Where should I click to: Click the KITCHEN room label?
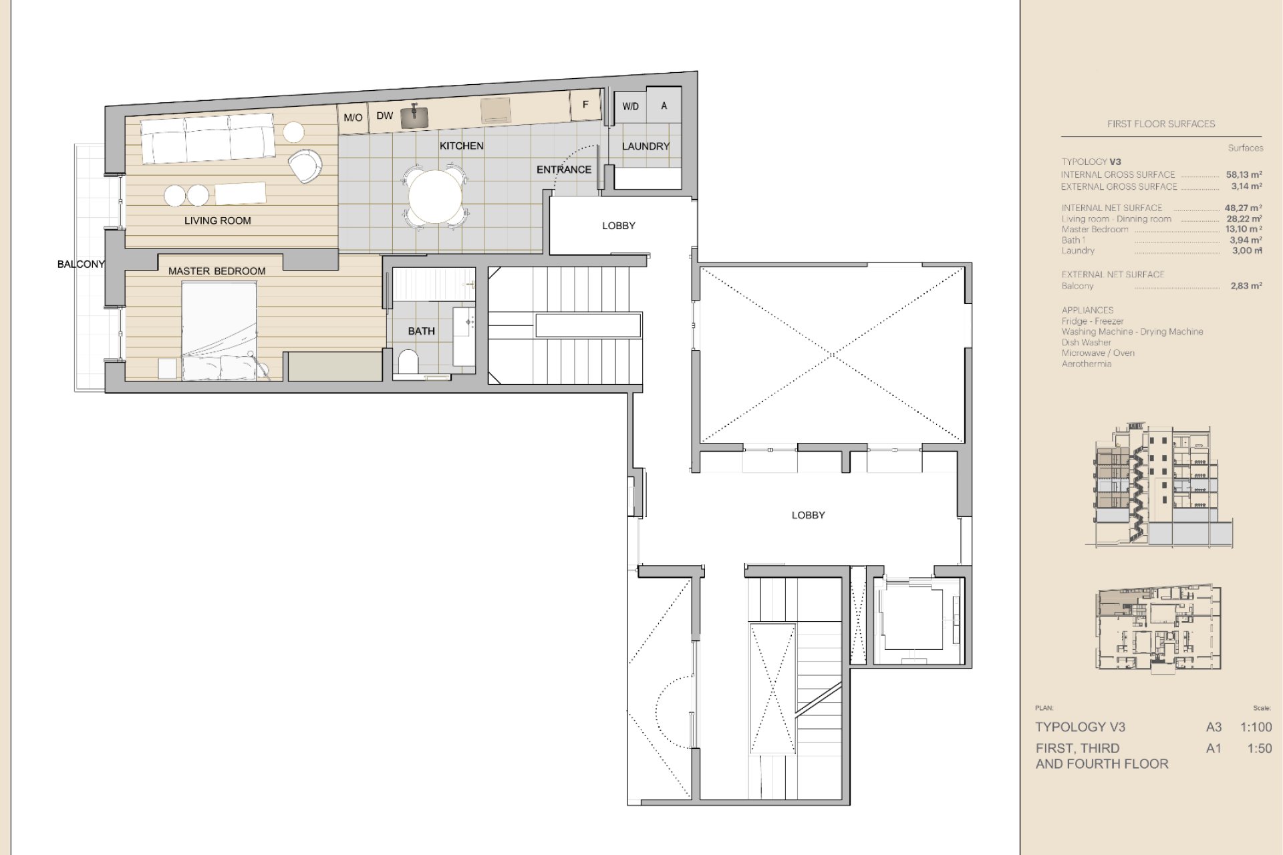coord(461,146)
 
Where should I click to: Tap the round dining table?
coord(435,197)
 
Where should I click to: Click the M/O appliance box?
coord(353,118)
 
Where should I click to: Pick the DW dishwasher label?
coord(384,116)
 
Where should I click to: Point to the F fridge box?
coord(585,106)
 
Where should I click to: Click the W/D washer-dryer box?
coord(630,106)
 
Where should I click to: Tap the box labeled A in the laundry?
coord(664,106)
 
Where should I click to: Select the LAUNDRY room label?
coord(646,146)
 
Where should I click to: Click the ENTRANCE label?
coord(564,170)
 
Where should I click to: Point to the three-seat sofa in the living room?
coord(207,138)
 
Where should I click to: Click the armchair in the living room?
coord(305,165)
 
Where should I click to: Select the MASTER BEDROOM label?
coord(217,271)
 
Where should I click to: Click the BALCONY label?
coord(81,265)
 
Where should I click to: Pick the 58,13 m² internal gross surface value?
coord(1244,175)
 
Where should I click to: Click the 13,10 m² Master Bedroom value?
coord(1244,229)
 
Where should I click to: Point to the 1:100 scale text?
coord(1256,727)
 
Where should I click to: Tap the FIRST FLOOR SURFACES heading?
coord(1161,124)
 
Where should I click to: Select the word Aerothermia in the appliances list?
coord(1087,364)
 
